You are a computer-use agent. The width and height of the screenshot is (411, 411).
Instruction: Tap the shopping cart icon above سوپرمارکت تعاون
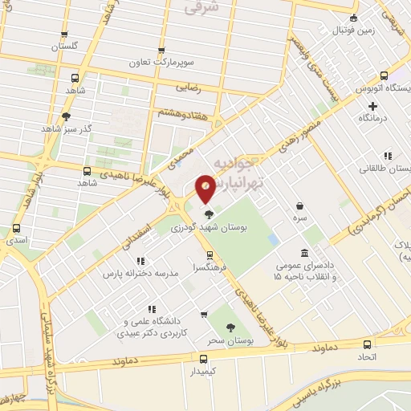coord(162,49)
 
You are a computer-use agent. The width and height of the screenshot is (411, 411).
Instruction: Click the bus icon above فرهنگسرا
coord(210,254)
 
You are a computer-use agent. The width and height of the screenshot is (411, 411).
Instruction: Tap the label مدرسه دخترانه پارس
coord(136,274)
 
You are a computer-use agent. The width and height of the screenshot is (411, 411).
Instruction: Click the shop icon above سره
coord(299,205)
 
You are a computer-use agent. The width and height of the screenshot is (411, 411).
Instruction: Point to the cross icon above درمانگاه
coord(372,106)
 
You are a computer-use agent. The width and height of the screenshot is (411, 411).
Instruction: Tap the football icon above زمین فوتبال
coord(352,18)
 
